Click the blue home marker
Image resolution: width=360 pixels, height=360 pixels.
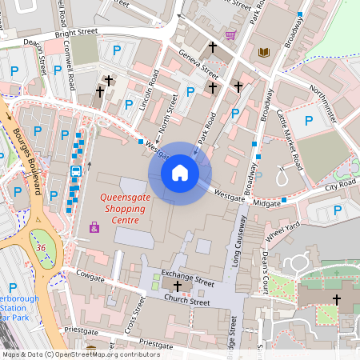coord(180,172)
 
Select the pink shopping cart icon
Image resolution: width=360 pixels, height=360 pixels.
coord(231,35)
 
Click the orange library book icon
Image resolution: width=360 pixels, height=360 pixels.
coord(264,53)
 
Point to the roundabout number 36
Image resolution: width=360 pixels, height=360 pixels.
coord(40,248)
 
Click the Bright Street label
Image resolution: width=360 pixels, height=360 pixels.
coord(77,33)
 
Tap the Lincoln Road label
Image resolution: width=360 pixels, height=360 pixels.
coord(146,93)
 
